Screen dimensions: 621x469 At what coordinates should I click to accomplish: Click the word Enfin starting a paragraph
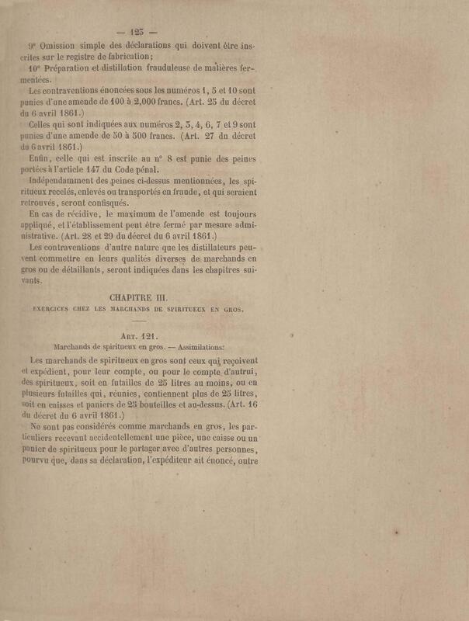(x=40, y=157)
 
